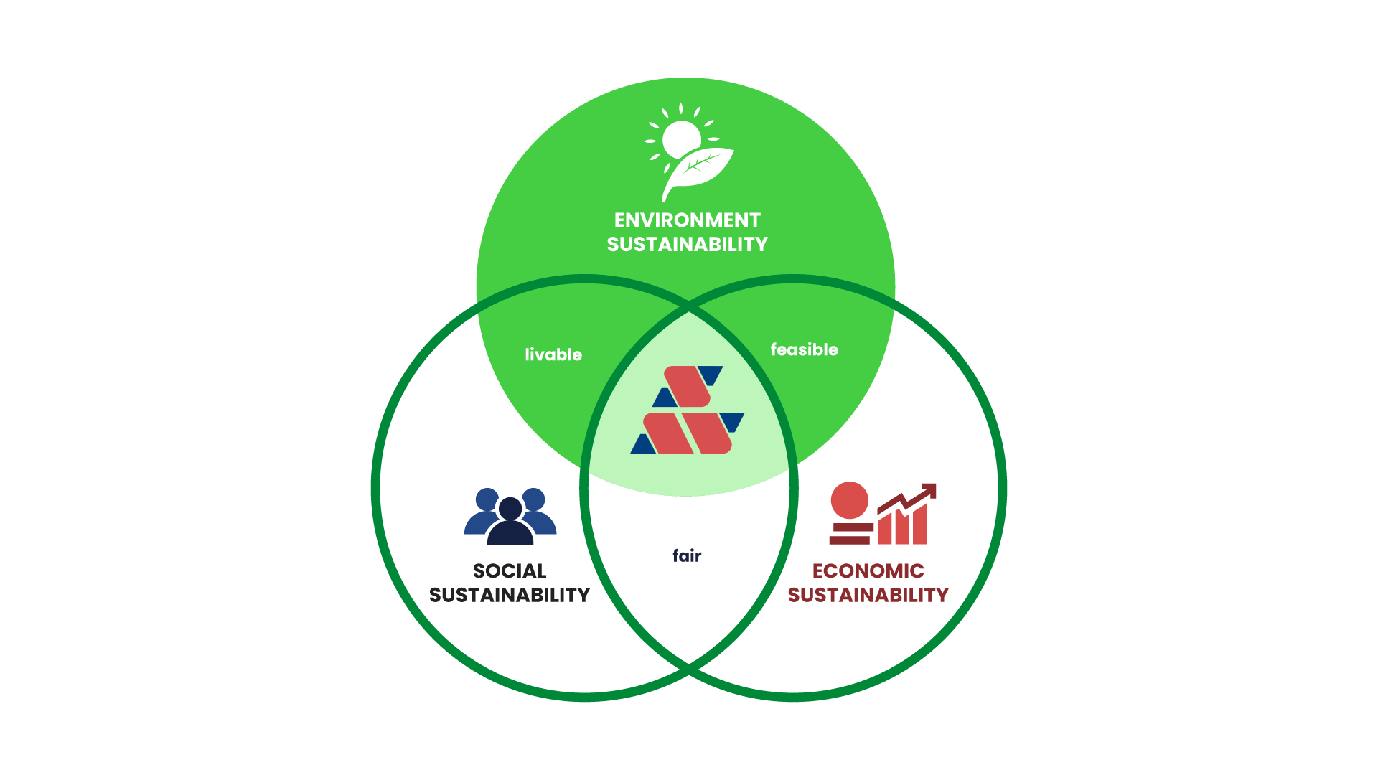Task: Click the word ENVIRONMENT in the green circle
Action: [x=687, y=220]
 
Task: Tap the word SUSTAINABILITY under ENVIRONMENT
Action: [x=687, y=245]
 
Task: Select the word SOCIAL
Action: [x=510, y=571]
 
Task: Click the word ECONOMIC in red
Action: [x=868, y=571]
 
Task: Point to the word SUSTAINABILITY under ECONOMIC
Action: [x=868, y=596]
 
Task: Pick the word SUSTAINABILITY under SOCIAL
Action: [x=510, y=596]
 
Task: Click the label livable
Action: [x=553, y=354]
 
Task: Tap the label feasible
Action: [x=804, y=349]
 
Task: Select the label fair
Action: [x=687, y=555]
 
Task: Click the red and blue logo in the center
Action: [x=688, y=410]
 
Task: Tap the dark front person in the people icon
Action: [x=510, y=524]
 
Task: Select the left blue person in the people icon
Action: [x=484, y=511]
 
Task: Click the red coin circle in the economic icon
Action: [x=849, y=500]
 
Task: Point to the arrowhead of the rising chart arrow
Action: [x=929, y=490]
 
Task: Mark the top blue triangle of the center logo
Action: [x=711, y=375]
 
